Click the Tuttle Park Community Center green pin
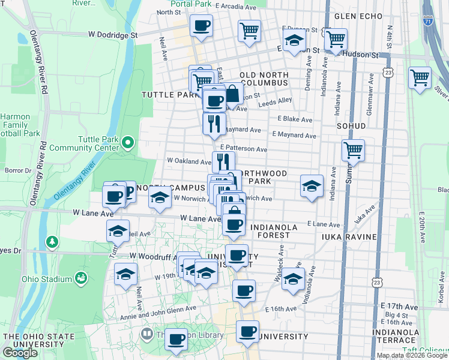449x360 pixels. point(127,143)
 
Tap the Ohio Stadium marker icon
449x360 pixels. point(80,278)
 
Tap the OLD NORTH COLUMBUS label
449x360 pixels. point(264,79)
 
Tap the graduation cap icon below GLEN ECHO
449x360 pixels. point(294,42)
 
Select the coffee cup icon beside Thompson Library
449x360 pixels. point(176,339)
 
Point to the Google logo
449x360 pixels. point(20,353)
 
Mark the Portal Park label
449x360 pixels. point(190,4)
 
